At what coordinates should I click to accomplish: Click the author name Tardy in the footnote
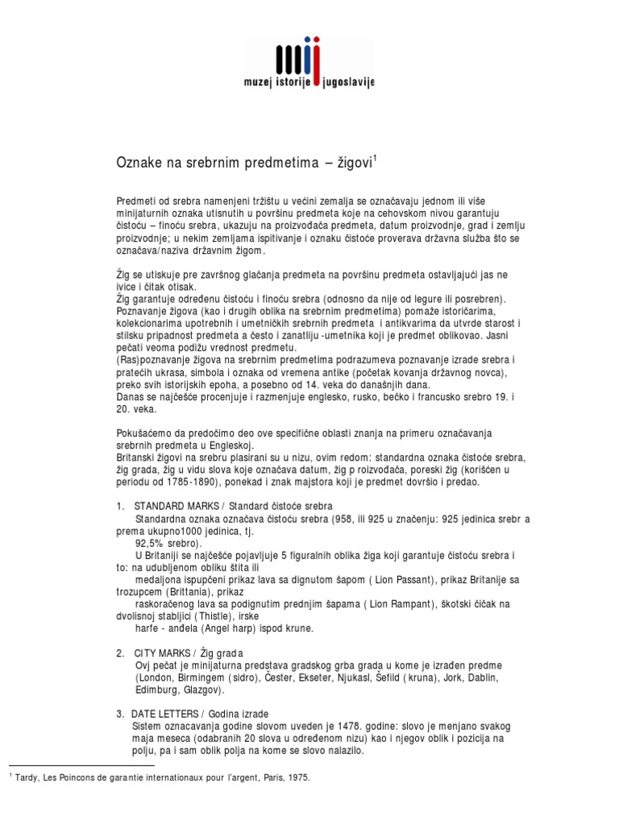point(27,778)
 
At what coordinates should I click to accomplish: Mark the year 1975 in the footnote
point(297,778)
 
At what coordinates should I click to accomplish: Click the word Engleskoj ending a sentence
point(231,446)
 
